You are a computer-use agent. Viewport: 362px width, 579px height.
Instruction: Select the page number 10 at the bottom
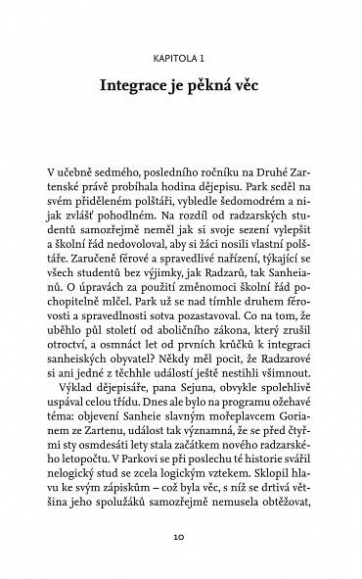(181, 537)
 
